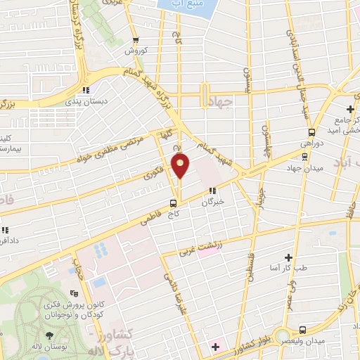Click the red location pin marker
click(x=181, y=166)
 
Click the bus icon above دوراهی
click(x=311, y=131)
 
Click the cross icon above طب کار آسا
click(x=288, y=258)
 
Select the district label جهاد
click(x=221, y=102)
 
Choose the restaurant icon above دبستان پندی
click(x=86, y=90)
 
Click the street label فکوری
click(x=155, y=169)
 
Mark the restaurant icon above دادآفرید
click(x=4, y=230)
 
